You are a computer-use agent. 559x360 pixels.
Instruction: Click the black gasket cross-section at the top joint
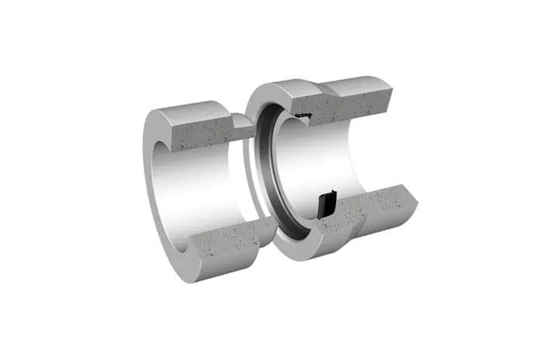(x=304, y=116)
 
